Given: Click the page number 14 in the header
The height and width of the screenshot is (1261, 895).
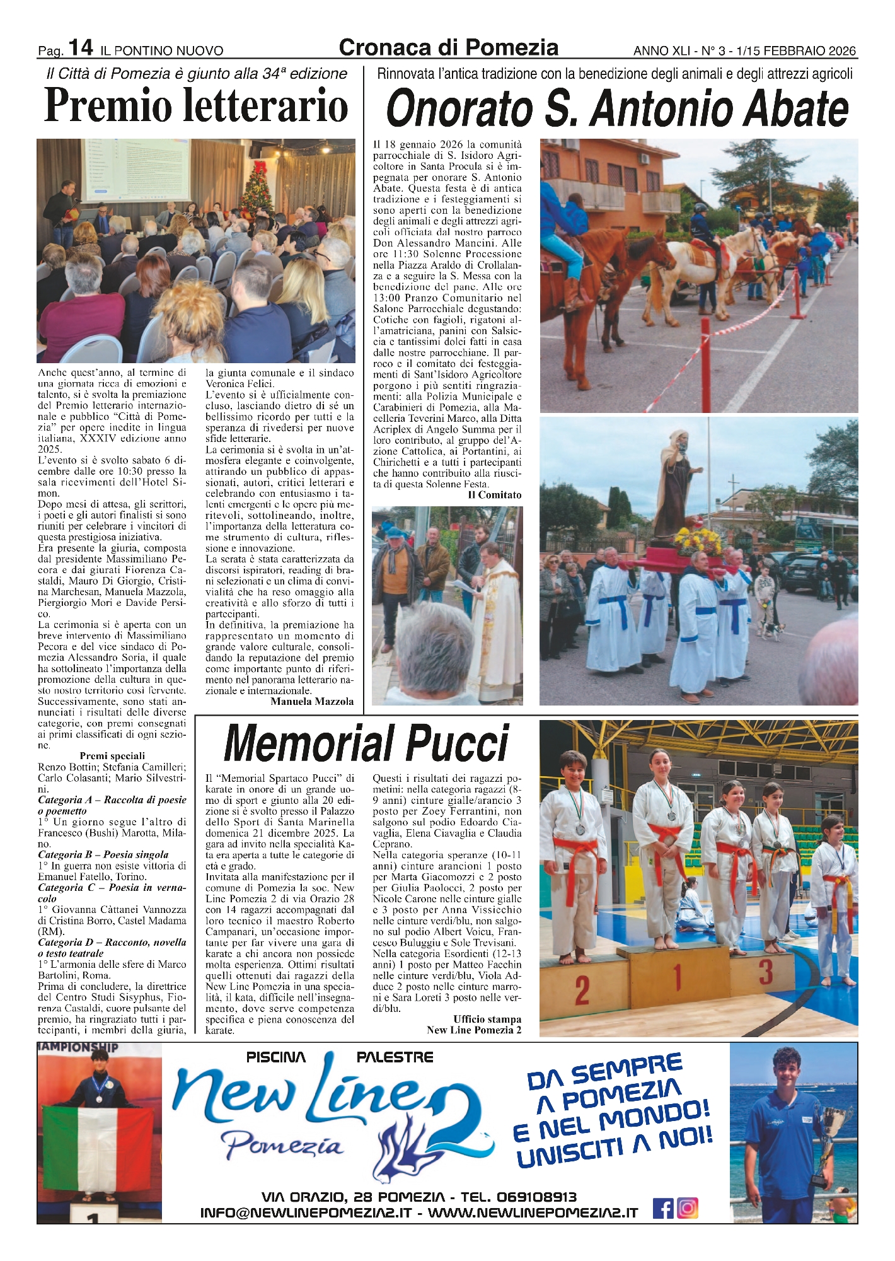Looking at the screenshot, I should pyautogui.click(x=81, y=47).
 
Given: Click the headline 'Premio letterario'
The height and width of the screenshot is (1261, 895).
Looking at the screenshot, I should pyautogui.click(x=196, y=106).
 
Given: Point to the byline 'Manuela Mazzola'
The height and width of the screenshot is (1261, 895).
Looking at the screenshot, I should pyautogui.click(x=312, y=701).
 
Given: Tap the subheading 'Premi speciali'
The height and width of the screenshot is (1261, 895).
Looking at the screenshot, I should pyautogui.click(x=112, y=755).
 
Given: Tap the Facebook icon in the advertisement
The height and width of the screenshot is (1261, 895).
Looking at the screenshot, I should pyautogui.click(x=662, y=1208).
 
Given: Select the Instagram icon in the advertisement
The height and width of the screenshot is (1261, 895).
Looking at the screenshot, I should pyautogui.click(x=688, y=1208).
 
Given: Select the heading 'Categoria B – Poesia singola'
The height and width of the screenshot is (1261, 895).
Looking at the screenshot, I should pyautogui.click(x=103, y=854).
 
